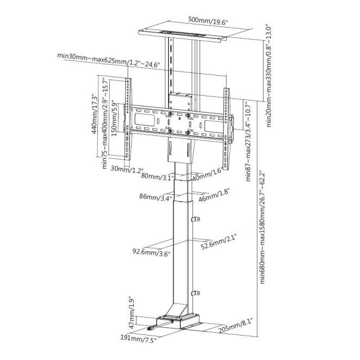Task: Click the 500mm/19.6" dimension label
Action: (x=208, y=21)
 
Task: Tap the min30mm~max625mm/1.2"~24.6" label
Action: (x=108, y=60)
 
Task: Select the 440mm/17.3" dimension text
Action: (x=95, y=114)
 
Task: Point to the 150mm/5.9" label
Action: (x=114, y=120)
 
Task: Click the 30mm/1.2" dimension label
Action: (x=127, y=169)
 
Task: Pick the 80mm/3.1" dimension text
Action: (x=158, y=177)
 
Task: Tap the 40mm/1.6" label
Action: (x=207, y=175)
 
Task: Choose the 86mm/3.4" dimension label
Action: (x=156, y=197)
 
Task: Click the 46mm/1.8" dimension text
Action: (x=214, y=195)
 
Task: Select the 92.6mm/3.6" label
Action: (x=151, y=252)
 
